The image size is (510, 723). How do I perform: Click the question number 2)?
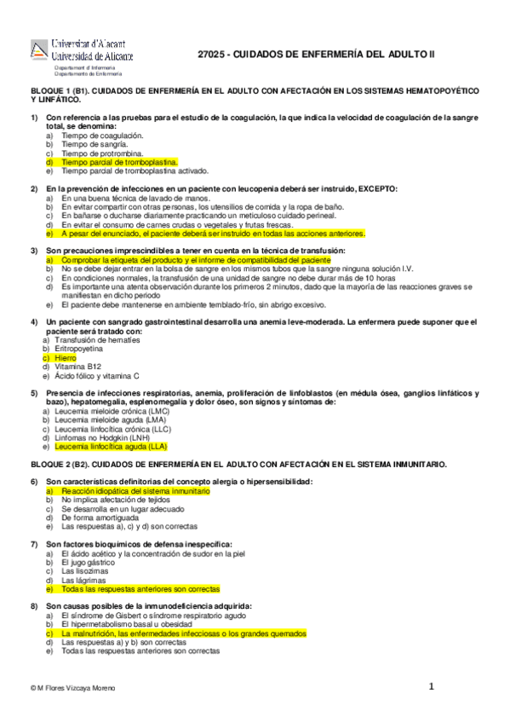click(x=35, y=188)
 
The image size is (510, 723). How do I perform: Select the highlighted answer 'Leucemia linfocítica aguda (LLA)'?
click(x=111, y=446)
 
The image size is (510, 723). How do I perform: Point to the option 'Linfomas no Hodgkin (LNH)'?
click(x=101, y=437)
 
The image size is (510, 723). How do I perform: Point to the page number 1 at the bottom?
click(x=432, y=685)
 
